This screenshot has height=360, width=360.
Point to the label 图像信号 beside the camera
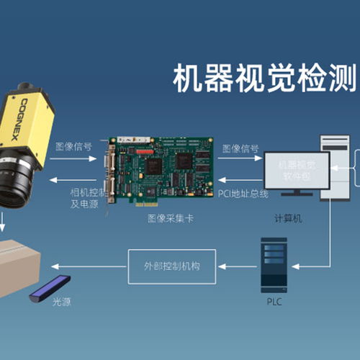click(x=73, y=146)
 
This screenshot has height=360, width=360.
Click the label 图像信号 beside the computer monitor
click(x=240, y=149)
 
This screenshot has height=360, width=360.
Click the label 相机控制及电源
click(x=88, y=198)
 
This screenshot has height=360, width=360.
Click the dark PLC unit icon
click(x=274, y=264)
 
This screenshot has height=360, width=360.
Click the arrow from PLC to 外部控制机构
click(x=238, y=266)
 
